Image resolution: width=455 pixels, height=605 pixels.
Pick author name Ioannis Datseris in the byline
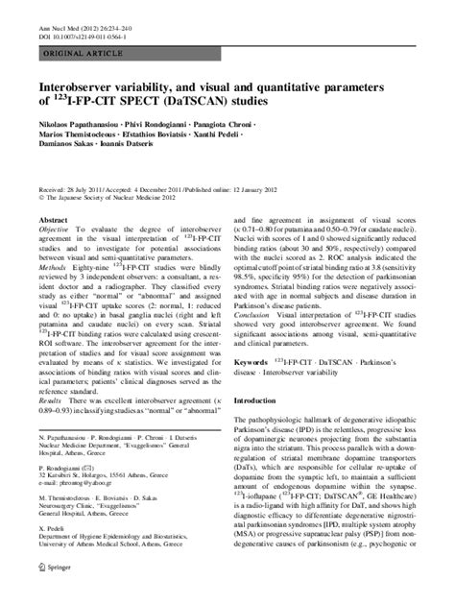click(x=158, y=152)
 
